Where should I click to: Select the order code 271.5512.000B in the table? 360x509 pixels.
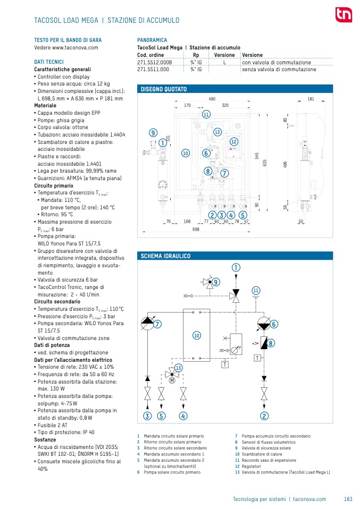154,62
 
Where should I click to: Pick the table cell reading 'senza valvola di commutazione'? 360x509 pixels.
279,69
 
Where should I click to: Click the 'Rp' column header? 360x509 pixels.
196,55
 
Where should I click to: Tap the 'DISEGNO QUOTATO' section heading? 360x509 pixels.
163,89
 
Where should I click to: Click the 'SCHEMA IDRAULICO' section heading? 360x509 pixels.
165,256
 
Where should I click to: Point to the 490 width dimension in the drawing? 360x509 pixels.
212,99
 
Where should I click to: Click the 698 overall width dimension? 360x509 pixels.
196,229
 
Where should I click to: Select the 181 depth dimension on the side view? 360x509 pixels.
311,99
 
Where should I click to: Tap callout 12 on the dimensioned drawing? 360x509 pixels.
233,141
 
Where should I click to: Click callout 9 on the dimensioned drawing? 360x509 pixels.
153,132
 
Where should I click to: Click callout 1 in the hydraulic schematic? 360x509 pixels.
235,268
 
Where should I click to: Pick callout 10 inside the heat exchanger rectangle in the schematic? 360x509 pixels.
196,335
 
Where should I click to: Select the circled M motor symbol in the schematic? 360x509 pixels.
172,380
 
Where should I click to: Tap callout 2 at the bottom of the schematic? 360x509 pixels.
264,415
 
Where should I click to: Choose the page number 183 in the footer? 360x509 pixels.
348,499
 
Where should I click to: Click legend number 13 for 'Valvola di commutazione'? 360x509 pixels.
237,472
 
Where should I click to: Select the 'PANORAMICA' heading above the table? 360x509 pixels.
152,40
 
